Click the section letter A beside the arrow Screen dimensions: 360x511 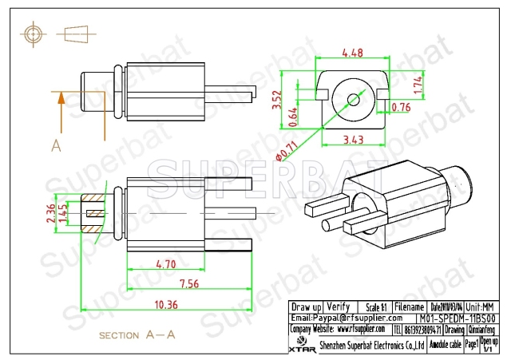click(56, 144)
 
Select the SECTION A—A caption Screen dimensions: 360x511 click(137, 336)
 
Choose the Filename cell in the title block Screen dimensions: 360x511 click(409, 307)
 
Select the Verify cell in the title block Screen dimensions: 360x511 click(339, 307)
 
